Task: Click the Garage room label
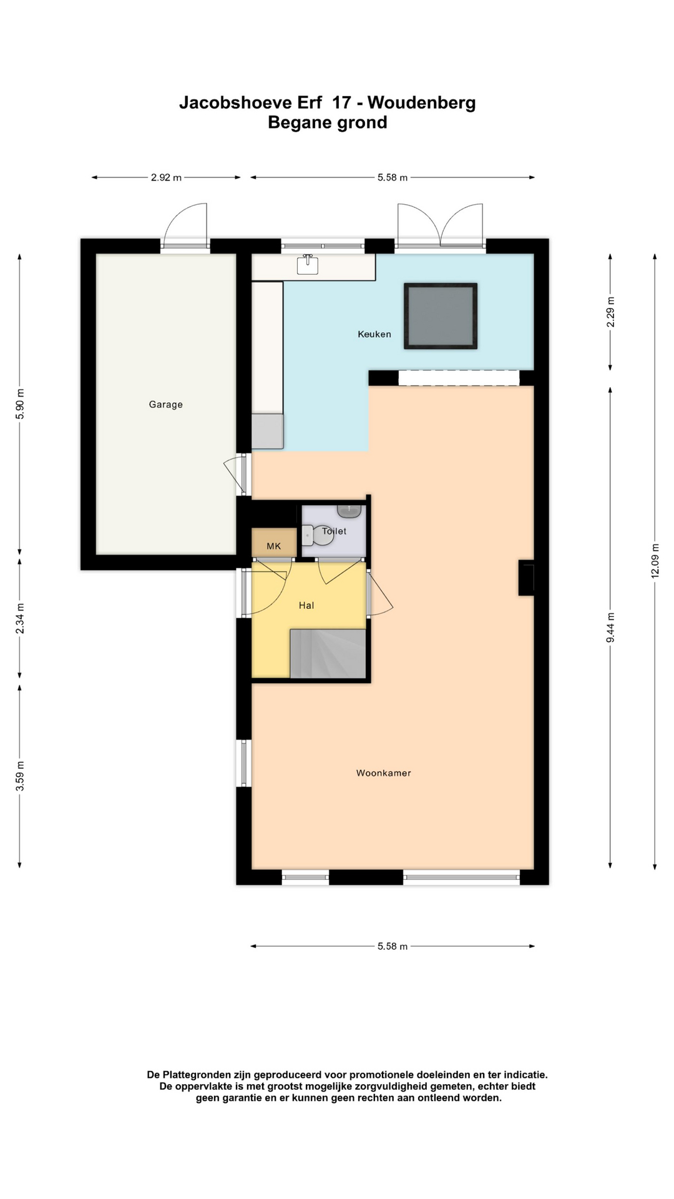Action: click(x=165, y=405)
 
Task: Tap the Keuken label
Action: click(x=374, y=334)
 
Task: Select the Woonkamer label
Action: click(x=384, y=773)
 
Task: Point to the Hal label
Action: click(x=306, y=605)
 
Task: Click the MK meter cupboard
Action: click(x=274, y=543)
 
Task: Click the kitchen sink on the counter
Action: click(x=307, y=265)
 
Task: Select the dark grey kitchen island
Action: click(x=441, y=316)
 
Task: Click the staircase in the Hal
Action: click(x=328, y=653)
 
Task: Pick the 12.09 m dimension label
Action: click(x=655, y=561)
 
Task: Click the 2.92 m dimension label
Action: click(x=166, y=177)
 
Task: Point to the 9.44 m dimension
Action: click(x=610, y=627)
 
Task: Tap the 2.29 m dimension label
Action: click(x=610, y=312)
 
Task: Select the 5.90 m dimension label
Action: click(x=20, y=403)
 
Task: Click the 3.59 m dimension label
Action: click(x=20, y=776)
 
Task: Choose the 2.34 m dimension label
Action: click(x=20, y=619)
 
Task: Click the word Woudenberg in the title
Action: click(x=421, y=103)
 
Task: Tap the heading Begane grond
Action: click(x=328, y=123)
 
